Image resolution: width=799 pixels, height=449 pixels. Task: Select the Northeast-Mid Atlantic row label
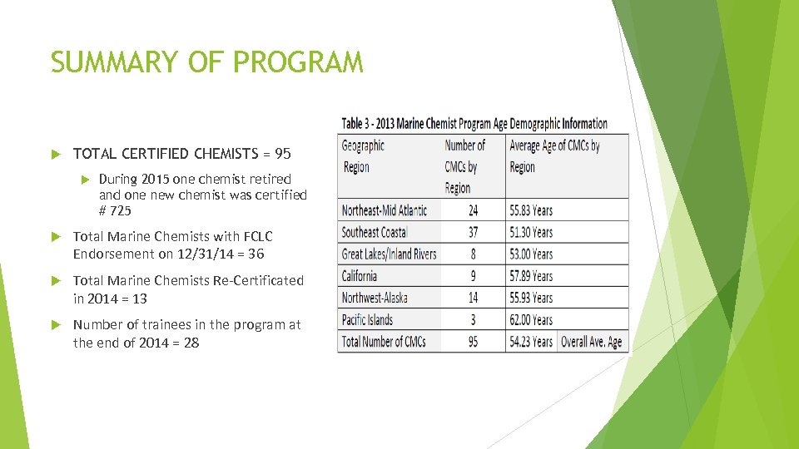point(384,210)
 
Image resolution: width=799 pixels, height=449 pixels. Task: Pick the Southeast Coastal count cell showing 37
point(473,232)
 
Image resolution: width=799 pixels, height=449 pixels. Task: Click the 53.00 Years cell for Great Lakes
point(530,254)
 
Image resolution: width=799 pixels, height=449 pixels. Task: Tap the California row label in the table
point(360,276)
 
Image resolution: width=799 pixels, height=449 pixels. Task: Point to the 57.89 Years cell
point(530,276)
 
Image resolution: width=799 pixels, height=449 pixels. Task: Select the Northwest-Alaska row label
point(375,298)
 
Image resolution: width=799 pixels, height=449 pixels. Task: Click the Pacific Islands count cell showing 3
point(474,320)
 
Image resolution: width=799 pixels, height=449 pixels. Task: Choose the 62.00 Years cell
point(530,320)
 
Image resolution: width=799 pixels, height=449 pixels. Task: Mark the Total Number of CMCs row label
point(384,342)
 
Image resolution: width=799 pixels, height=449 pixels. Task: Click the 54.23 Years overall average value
point(530,342)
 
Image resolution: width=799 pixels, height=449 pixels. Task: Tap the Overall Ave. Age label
point(591,342)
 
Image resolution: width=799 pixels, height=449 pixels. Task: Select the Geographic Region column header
point(363,156)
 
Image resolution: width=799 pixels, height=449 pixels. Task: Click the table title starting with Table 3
point(474,124)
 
